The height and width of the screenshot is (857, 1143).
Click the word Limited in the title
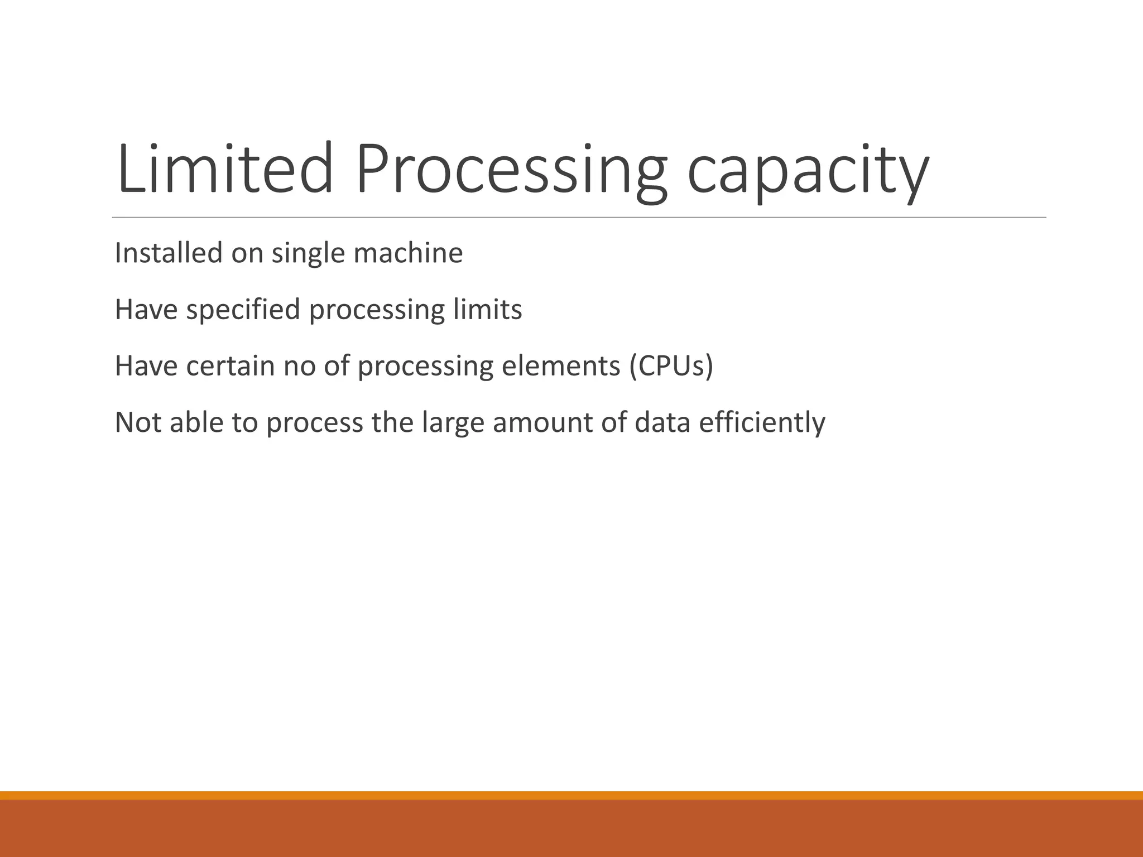[x=225, y=168]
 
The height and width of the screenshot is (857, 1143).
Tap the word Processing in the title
[x=511, y=168]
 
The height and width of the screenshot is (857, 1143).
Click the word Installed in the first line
[x=169, y=253]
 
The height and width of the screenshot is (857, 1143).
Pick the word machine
[x=408, y=253]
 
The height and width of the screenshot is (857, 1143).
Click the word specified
[x=243, y=310]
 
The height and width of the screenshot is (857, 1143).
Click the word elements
[x=561, y=366]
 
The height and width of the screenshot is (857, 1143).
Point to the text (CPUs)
[x=671, y=366]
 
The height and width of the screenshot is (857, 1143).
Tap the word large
[x=453, y=423]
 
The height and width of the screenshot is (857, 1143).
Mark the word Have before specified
[x=146, y=310]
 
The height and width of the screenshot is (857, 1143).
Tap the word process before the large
[x=315, y=423]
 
